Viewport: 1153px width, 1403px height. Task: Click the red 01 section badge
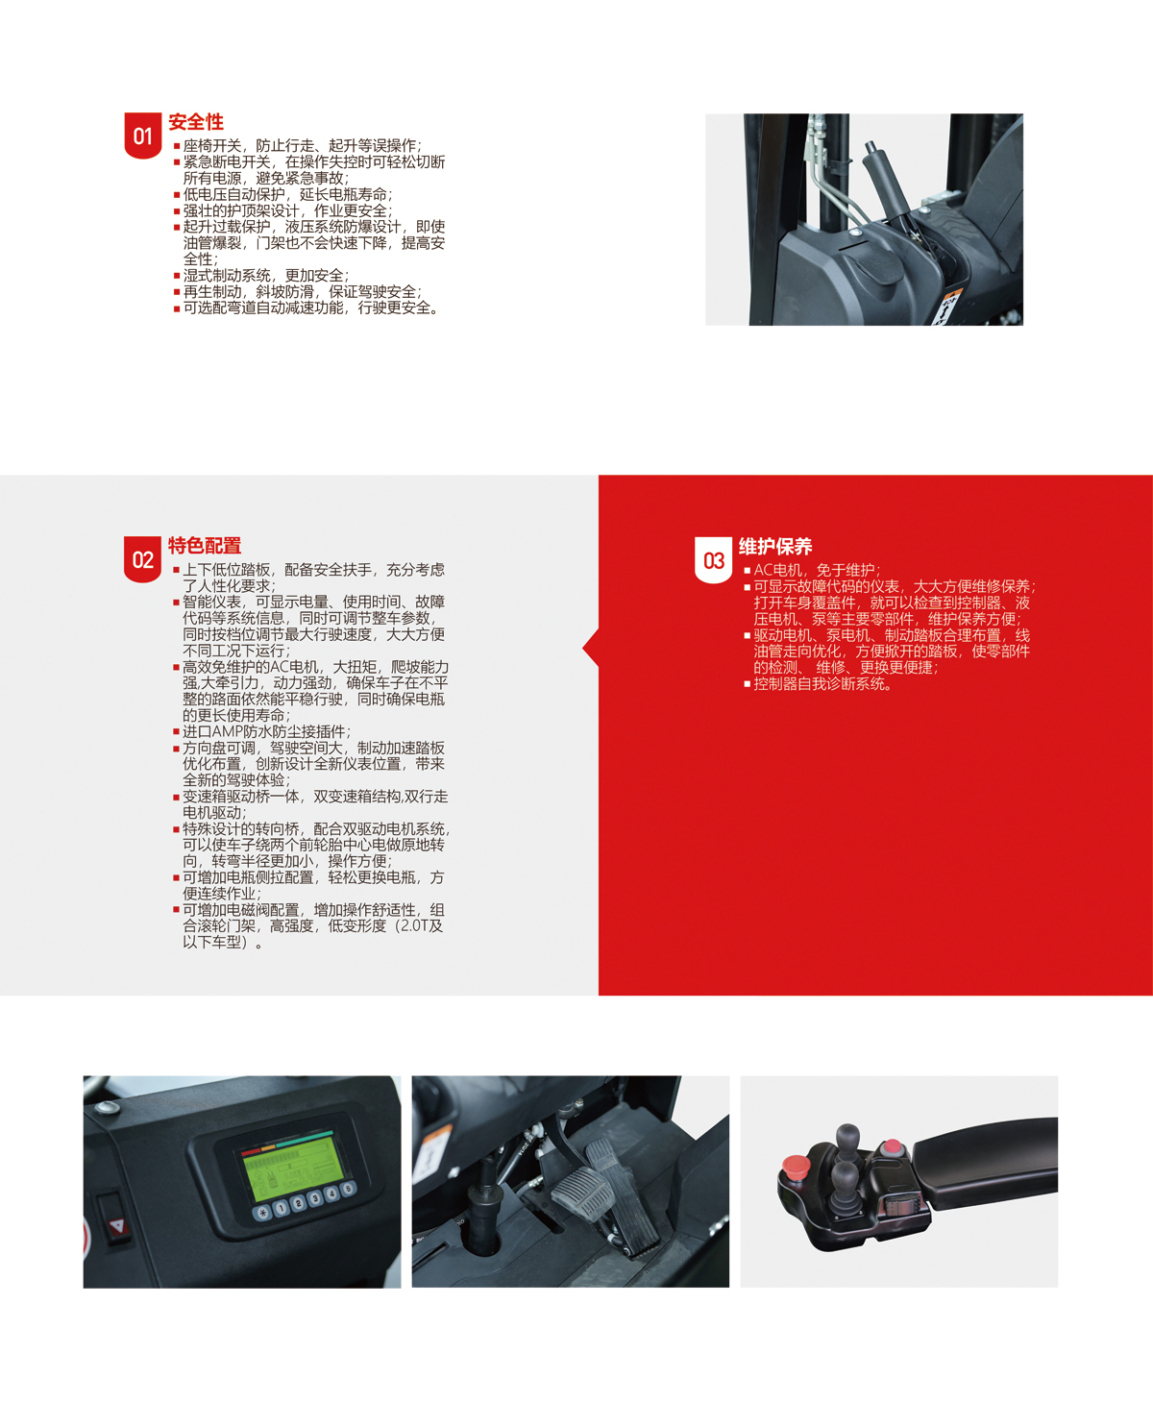(143, 135)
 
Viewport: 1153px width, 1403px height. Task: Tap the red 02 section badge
(142, 559)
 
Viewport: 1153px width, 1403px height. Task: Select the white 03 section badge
(713, 560)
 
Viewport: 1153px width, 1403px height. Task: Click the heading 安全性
(196, 122)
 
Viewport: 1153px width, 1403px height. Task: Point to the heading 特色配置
(205, 546)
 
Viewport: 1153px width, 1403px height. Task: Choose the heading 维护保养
(775, 547)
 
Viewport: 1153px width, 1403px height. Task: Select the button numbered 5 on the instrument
(347, 1188)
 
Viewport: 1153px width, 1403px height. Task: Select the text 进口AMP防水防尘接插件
(266, 731)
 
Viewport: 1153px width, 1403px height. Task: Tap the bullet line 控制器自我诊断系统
(822, 684)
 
